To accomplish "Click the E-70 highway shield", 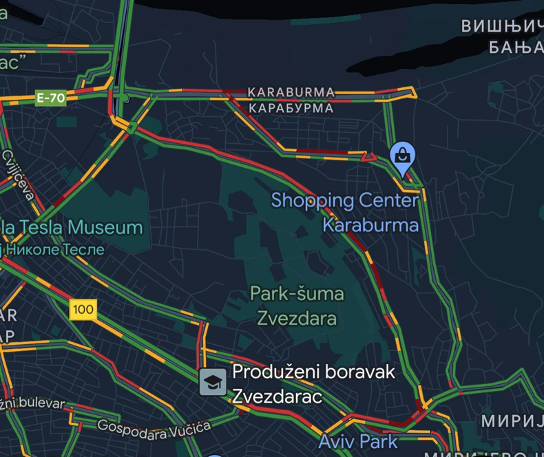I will tap(51, 98).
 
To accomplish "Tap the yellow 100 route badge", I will tap(83, 310).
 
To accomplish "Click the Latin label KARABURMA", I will tap(291, 92).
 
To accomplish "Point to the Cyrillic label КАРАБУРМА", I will tap(291, 108).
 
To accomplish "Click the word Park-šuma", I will tap(296, 294).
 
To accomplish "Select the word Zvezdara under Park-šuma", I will tap(297, 318).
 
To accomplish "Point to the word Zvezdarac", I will tap(277, 396).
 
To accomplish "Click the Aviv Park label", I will tap(357, 440).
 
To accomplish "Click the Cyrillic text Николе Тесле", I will tap(55, 249).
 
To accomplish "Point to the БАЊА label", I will tap(515, 47).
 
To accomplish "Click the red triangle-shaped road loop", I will tap(370, 157).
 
